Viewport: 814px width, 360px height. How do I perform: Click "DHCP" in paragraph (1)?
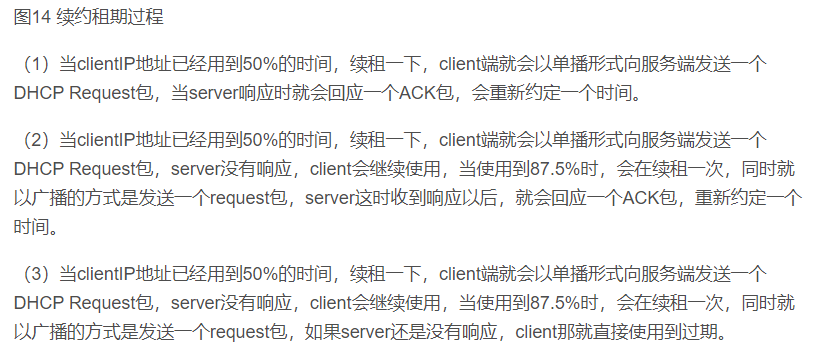(x=36, y=94)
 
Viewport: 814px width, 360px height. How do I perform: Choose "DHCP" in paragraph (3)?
(x=36, y=301)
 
